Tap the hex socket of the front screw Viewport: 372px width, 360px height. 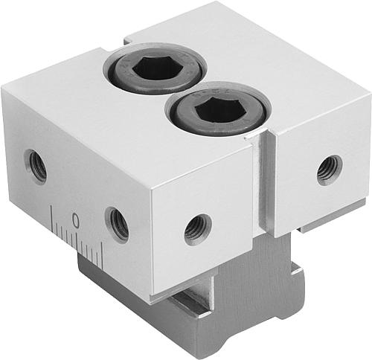coord(217,109)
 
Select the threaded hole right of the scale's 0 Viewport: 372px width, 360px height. coord(117,225)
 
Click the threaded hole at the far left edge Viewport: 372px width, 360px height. coord(36,167)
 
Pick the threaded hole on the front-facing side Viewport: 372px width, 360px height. coord(198,230)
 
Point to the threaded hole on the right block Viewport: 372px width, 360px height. coord(330,170)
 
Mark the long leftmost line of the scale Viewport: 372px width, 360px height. coord(52,219)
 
